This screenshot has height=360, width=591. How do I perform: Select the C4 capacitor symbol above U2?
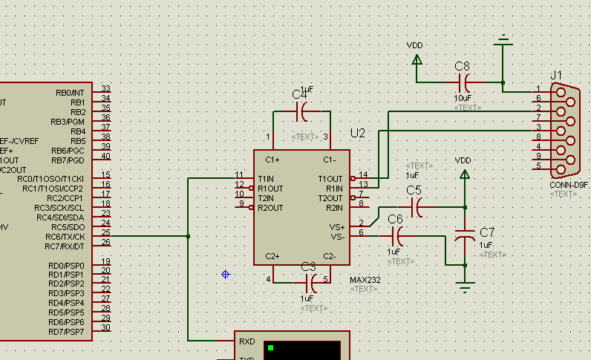tap(303, 112)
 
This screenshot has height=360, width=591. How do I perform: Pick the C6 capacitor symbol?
tap(397, 237)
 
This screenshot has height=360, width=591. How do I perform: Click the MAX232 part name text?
tap(363, 279)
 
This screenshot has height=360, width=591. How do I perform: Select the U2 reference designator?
tap(358, 133)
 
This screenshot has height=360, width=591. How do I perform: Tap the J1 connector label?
tap(556, 75)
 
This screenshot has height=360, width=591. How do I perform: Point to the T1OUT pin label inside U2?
tap(330, 179)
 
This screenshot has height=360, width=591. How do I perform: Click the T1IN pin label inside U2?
tap(266, 179)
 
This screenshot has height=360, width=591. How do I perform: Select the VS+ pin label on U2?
tap(336, 227)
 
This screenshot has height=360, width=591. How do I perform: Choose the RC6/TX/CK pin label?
tap(65, 237)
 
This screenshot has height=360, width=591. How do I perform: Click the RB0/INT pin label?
tap(70, 93)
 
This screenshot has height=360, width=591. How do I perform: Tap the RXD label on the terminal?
tap(247, 342)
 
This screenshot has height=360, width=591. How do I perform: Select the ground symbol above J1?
tap(503, 39)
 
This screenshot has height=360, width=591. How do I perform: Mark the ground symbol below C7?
tap(466, 287)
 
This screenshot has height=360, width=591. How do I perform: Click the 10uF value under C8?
tap(463, 98)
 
